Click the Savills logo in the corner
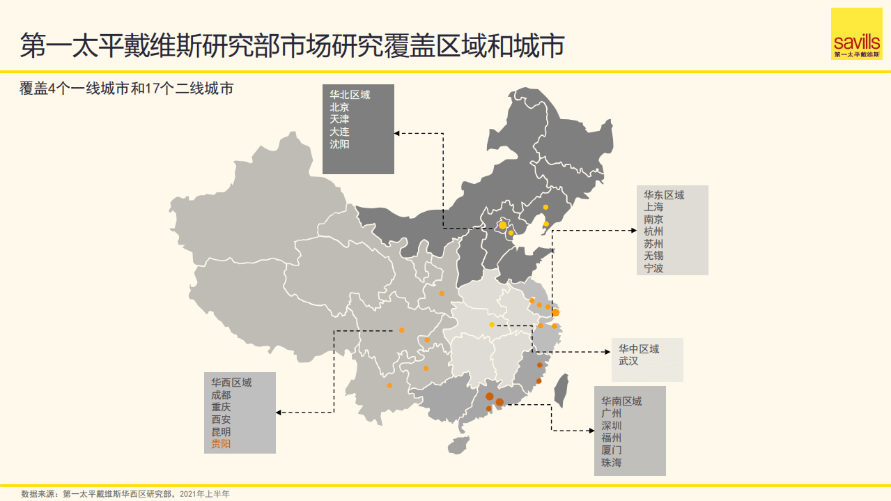click(x=856, y=34)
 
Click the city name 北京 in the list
click(x=340, y=107)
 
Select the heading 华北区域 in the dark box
click(x=350, y=95)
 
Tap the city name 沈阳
click(x=340, y=144)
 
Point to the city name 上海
click(x=653, y=207)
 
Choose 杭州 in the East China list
click(x=653, y=231)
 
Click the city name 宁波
click(x=653, y=268)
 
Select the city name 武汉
click(x=628, y=362)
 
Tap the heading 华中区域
click(x=639, y=349)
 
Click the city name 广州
click(x=612, y=413)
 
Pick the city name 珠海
click(x=612, y=463)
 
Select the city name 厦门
click(x=612, y=450)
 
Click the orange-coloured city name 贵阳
click(x=222, y=444)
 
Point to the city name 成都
click(x=222, y=394)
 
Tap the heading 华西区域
click(x=231, y=382)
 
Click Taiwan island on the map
click(x=560, y=390)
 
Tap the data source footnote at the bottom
click(x=125, y=493)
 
